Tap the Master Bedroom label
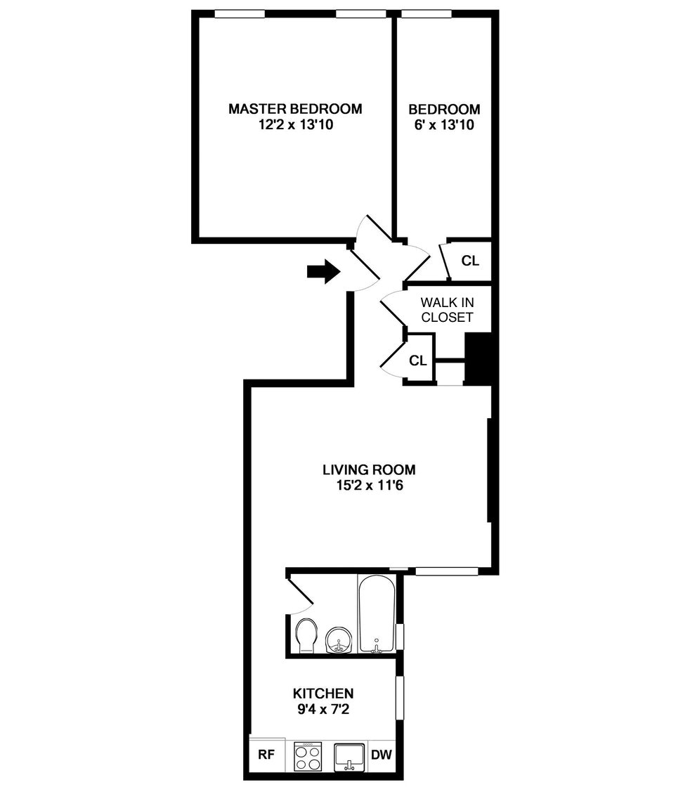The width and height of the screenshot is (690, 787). point(295,109)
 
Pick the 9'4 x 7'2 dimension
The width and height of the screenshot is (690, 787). point(323,710)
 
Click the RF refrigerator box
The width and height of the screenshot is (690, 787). point(267,755)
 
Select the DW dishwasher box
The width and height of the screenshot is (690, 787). point(381,755)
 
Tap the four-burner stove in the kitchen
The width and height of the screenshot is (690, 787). point(307,757)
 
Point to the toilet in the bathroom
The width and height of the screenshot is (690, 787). point(306,635)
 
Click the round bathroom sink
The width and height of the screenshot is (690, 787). point(339,639)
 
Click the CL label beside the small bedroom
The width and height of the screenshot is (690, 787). point(470,261)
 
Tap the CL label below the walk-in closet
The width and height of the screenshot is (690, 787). point(418,360)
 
